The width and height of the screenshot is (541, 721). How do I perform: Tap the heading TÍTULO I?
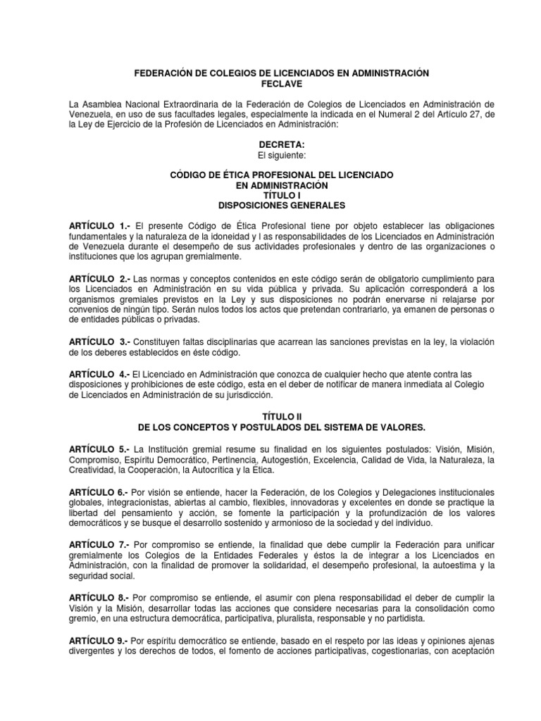click(271, 195)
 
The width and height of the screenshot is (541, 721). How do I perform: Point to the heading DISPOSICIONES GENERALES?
click(271, 206)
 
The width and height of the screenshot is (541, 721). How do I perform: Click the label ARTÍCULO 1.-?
click(99, 225)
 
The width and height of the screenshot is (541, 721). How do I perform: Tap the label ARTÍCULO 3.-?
click(99, 341)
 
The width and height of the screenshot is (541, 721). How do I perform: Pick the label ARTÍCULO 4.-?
click(99, 374)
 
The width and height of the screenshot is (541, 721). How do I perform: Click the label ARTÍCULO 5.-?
click(99, 449)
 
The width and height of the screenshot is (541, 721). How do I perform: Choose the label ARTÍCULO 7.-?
click(98, 545)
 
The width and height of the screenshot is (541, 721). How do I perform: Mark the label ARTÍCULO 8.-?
click(98, 598)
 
